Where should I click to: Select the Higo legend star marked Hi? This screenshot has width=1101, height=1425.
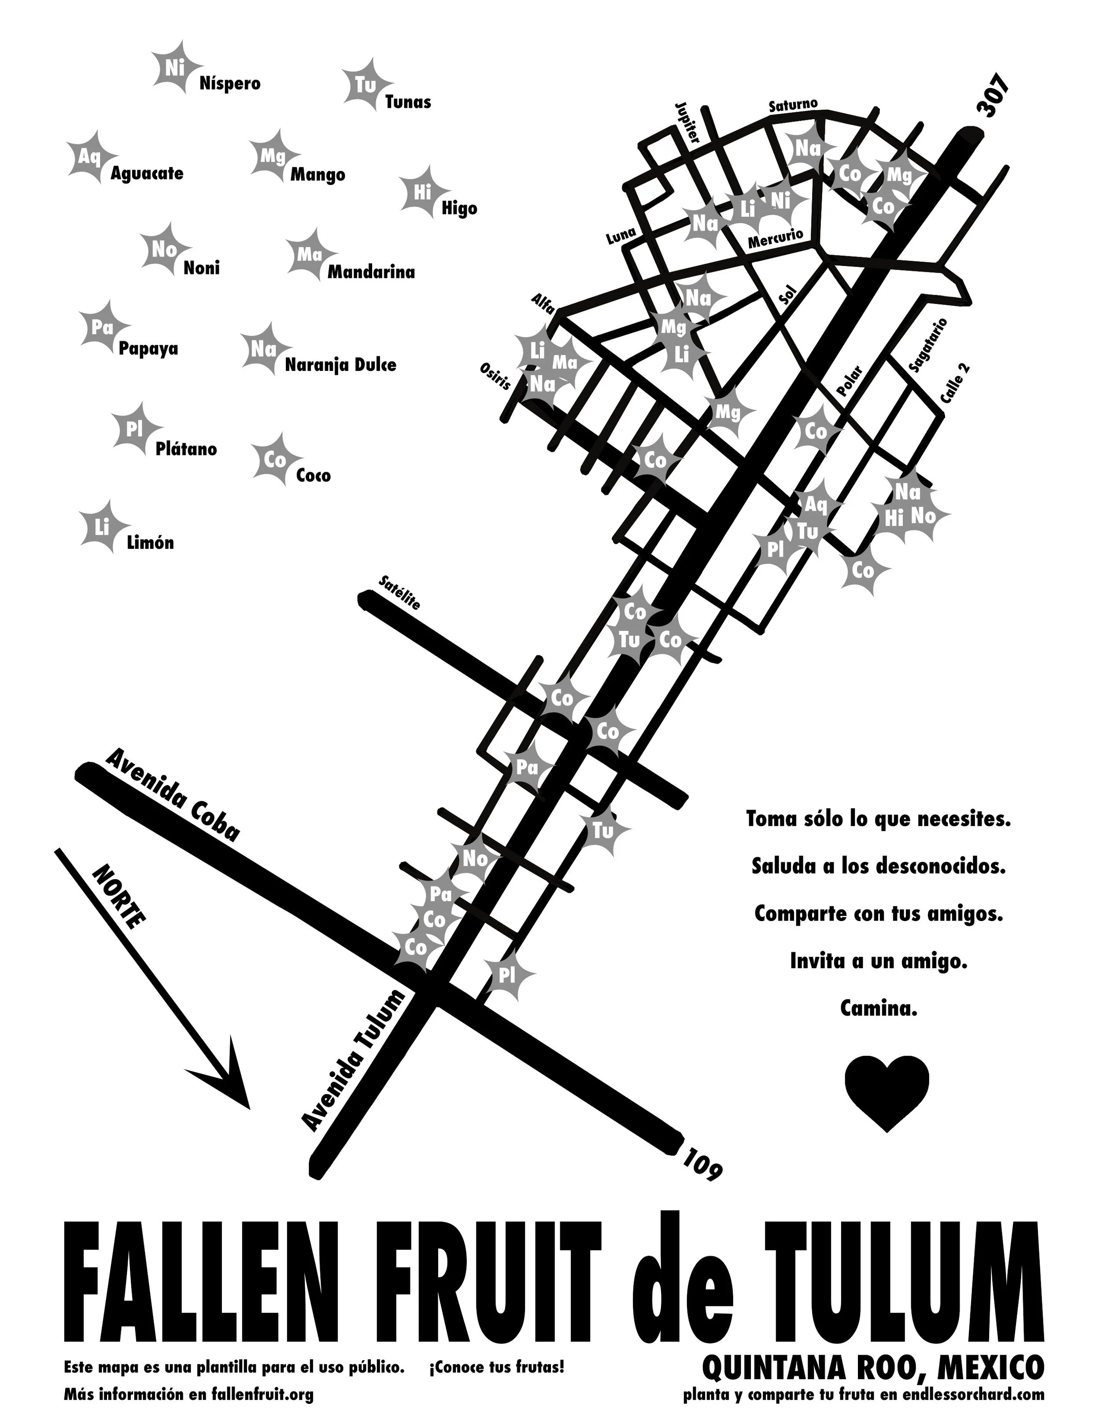(422, 192)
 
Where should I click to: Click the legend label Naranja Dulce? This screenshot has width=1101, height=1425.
(340, 365)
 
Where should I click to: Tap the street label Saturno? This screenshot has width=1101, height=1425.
(792, 104)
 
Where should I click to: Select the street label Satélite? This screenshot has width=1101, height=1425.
(399, 592)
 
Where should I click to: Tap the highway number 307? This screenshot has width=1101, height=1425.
(994, 96)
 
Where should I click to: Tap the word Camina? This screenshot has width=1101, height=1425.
(879, 1009)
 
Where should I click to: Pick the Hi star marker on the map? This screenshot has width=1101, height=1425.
(894, 519)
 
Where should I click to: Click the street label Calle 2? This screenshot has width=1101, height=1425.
(955, 384)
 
